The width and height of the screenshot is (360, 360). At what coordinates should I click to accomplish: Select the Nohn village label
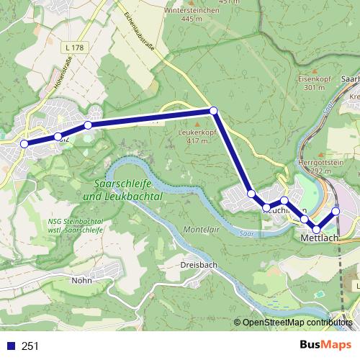pos(81,280)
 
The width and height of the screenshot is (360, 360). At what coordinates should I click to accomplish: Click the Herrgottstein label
pos(318,163)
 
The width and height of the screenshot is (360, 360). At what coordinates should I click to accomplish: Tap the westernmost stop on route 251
pos(24,144)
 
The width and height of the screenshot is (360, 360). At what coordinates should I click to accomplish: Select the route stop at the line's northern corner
pos(213,110)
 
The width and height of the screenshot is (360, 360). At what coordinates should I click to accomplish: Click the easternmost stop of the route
pos(336,211)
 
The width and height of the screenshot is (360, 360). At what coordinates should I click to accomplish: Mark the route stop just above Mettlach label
pos(316,229)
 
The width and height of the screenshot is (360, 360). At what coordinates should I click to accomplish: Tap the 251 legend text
pos(30,346)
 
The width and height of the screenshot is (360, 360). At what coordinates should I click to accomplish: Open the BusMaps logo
pos(325,345)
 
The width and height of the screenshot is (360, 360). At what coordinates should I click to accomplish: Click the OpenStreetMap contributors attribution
pos(297,322)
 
